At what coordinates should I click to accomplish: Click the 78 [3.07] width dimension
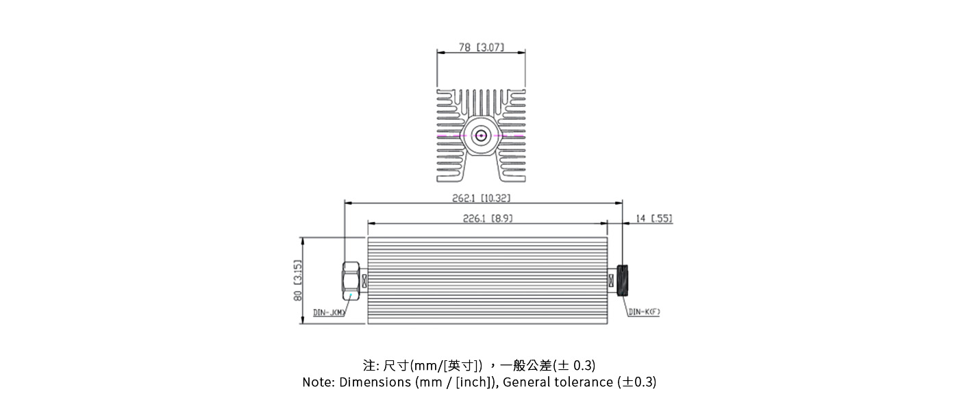point(481,48)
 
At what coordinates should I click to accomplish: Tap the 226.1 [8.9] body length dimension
point(488,219)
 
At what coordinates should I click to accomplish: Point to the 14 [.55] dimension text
point(653,219)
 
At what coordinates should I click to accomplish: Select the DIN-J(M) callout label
point(329,312)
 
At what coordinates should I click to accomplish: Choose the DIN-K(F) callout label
point(644,312)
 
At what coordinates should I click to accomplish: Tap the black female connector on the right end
point(623,280)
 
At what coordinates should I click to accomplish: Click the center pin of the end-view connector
point(482,136)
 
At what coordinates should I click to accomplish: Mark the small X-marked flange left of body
point(364,280)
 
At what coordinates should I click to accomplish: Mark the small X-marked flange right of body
point(611,280)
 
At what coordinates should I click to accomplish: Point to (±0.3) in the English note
point(637,382)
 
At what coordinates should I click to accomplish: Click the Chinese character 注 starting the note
point(369,365)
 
